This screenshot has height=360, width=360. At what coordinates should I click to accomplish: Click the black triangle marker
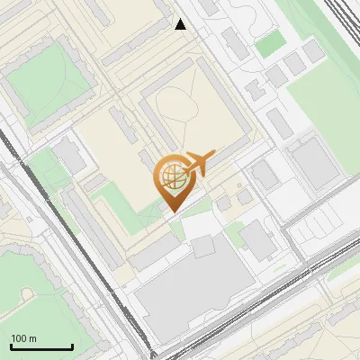coord(181,24)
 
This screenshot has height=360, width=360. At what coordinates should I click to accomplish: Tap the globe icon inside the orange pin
coord(171,176)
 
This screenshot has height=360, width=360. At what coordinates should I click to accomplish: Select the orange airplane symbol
coord(200,162)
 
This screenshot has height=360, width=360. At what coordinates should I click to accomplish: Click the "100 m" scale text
coord(23,338)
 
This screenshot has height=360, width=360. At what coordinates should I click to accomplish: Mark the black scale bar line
coord(41,346)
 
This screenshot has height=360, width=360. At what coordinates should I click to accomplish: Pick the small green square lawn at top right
coord(268,43)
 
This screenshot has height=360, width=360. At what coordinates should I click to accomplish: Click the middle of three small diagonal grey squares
coord(295,63)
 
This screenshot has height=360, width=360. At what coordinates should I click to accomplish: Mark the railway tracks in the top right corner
coord(346,27)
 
